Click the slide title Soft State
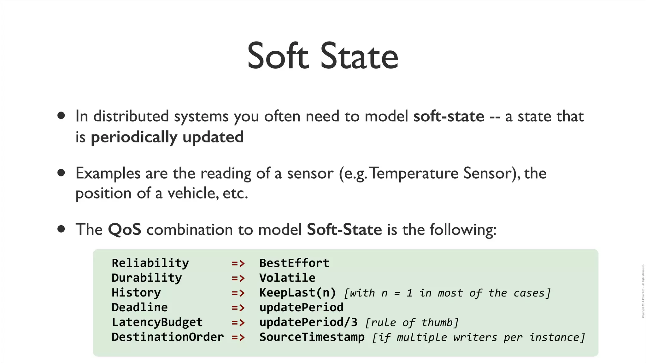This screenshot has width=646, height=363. click(x=323, y=56)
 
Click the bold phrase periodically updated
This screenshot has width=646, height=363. click(x=167, y=137)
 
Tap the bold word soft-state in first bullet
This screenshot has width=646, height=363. click(x=449, y=116)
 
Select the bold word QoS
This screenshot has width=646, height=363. click(x=124, y=229)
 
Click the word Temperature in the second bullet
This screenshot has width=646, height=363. click(x=414, y=173)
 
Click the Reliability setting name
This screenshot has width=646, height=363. click(x=150, y=263)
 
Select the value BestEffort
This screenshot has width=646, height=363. click(x=294, y=263)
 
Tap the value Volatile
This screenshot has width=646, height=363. click(x=287, y=278)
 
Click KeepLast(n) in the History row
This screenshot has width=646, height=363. click(x=297, y=293)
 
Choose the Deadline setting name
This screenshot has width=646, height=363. click(x=139, y=307)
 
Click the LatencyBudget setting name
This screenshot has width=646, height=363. click(x=157, y=322)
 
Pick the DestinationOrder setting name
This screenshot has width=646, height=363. click(x=167, y=337)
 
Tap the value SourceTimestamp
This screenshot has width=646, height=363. click(x=312, y=337)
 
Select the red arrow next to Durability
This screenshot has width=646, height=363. click(x=238, y=278)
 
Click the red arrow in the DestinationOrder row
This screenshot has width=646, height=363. click(x=238, y=337)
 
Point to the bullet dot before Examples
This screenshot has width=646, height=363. click(x=61, y=173)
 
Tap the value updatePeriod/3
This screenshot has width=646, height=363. click(x=308, y=322)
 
